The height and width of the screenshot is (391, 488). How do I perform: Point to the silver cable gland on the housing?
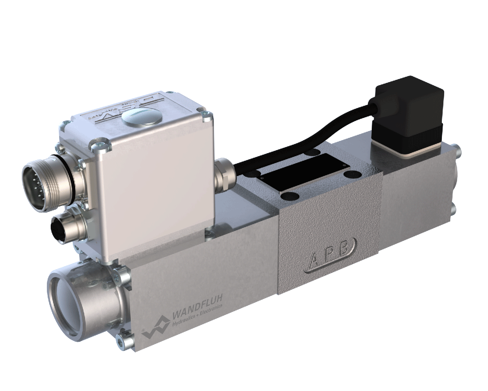(224, 175)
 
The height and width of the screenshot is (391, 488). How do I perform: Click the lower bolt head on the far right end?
(453, 209)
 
